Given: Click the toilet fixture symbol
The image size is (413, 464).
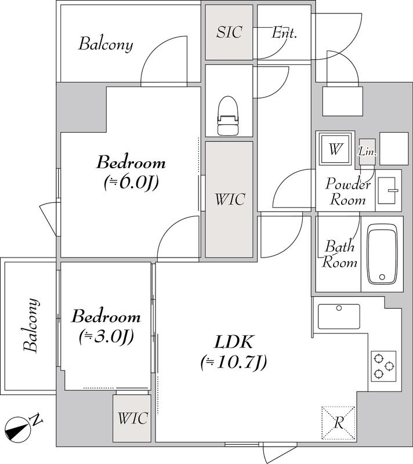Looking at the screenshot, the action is [x=228, y=115].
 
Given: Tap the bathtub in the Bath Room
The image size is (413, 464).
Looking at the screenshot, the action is [x=382, y=254].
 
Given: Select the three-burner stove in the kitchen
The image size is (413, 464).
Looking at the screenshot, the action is [x=383, y=367].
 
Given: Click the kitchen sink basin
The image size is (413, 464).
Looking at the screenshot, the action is [x=339, y=316].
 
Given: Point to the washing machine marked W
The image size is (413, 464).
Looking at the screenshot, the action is [x=335, y=149].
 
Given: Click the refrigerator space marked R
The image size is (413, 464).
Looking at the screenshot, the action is [x=338, y=423].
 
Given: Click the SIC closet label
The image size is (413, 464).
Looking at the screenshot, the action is [x=229, y=32].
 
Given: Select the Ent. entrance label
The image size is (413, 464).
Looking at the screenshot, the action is [x=284, y=32].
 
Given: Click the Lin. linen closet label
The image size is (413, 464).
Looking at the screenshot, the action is [x=368, y=152].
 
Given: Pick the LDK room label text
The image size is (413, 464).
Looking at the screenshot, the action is [x=234, y=342].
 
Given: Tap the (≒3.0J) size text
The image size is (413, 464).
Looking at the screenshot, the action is [x=107, y=336].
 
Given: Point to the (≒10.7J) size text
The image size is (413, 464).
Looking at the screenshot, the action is [x=234, y=362].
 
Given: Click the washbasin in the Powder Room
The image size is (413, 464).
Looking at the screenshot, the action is [x=387, y=191].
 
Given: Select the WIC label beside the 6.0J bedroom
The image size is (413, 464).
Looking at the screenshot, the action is [x=230, y=199].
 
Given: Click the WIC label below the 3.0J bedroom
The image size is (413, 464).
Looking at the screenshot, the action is [x=132, y=418].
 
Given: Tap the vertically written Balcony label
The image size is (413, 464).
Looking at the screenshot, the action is [x=31, y=325].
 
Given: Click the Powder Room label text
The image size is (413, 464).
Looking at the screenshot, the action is [x=348, y=191].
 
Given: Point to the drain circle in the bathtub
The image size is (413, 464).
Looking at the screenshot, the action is [x=382, y=277].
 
